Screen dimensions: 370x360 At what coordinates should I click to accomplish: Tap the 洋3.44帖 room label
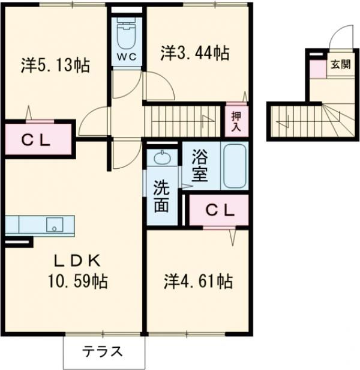point(194,53)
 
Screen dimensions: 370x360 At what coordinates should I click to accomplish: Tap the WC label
point(127,58)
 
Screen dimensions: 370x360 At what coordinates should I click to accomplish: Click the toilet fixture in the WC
point(127,36)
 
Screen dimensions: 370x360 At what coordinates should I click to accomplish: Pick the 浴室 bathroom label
point(199,166)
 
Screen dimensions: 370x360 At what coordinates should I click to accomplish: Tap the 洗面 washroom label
point(160,196)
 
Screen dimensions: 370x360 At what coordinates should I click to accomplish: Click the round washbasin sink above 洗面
point(162,158)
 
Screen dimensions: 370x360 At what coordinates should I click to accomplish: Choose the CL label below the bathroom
point(219,210)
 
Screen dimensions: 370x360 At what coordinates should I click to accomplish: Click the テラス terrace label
point(103,351)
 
